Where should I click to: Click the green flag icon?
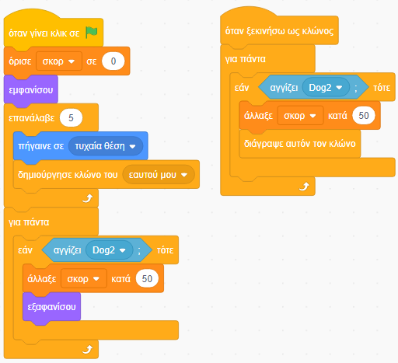click(92, 33)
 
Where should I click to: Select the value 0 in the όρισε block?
click(113, 61)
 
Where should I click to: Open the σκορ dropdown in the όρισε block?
click(59, 61)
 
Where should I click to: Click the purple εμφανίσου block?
click(31, 90)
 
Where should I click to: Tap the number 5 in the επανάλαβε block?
click(71, 118)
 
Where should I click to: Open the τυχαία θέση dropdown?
click(106, 146)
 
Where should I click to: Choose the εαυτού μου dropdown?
click(159, 175)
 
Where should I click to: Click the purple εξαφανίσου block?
click(51, 307)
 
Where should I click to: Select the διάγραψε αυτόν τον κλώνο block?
click(300, 144)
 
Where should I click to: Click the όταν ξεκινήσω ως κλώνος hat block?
click(279, 29)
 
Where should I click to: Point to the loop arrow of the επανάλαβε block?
click(88, 198)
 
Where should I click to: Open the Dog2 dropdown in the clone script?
click(326, 88)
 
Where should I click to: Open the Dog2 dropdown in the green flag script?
click(109, 250)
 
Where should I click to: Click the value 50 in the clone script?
click(364, 116)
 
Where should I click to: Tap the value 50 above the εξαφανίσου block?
click(147, 279)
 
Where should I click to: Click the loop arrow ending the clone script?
click(304, 187)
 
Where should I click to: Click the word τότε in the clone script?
click(382, 88)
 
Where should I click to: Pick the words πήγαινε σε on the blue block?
click(41, 146)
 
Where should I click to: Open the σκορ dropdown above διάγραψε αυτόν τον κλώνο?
click(300, 116)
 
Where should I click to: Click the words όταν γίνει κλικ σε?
click(44, 33)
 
